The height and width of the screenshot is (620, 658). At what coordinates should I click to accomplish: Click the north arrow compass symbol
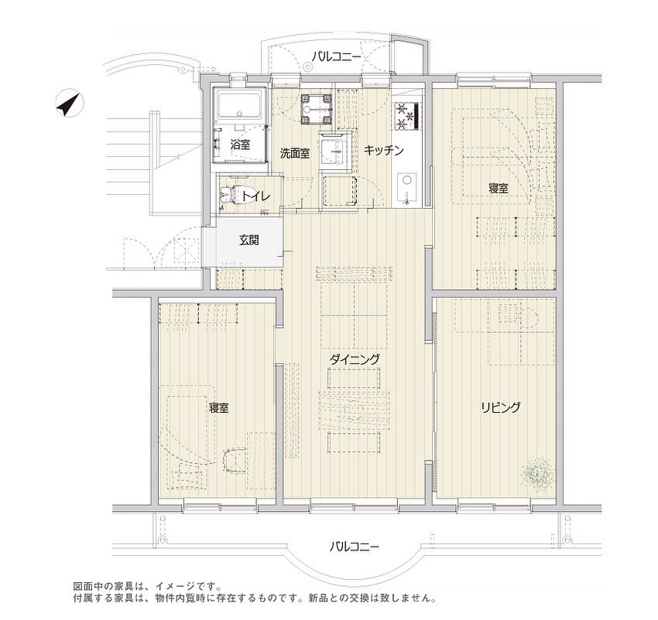coord(69,103)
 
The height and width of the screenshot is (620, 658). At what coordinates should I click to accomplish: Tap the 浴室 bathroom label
coord(241,145)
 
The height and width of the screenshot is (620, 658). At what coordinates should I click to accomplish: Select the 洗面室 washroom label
coord(295,153)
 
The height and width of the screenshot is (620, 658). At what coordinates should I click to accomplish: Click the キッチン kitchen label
coord(383,150)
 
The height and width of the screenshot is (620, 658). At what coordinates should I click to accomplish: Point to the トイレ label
coord(255,196)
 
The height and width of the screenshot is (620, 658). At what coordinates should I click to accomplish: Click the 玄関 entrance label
coord(248,240)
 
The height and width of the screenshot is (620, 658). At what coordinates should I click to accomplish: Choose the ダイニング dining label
coord(355,359)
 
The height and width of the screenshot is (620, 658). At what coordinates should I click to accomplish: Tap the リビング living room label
coord(501,407)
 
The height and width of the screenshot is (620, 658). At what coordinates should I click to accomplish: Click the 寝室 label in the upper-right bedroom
coord(499,188)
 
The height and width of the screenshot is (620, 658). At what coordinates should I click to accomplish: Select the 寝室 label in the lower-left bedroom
coord(218,407)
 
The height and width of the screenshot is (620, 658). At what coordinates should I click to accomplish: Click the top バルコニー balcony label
coord(335,56)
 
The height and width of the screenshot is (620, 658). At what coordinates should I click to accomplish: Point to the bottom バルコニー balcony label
coord(354,547)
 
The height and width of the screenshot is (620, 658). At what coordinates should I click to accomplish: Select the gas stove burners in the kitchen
coord(406,115)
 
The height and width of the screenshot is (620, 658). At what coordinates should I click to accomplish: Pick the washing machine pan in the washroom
coord(317,109)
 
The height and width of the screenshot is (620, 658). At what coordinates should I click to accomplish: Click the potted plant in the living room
coord(536,473)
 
